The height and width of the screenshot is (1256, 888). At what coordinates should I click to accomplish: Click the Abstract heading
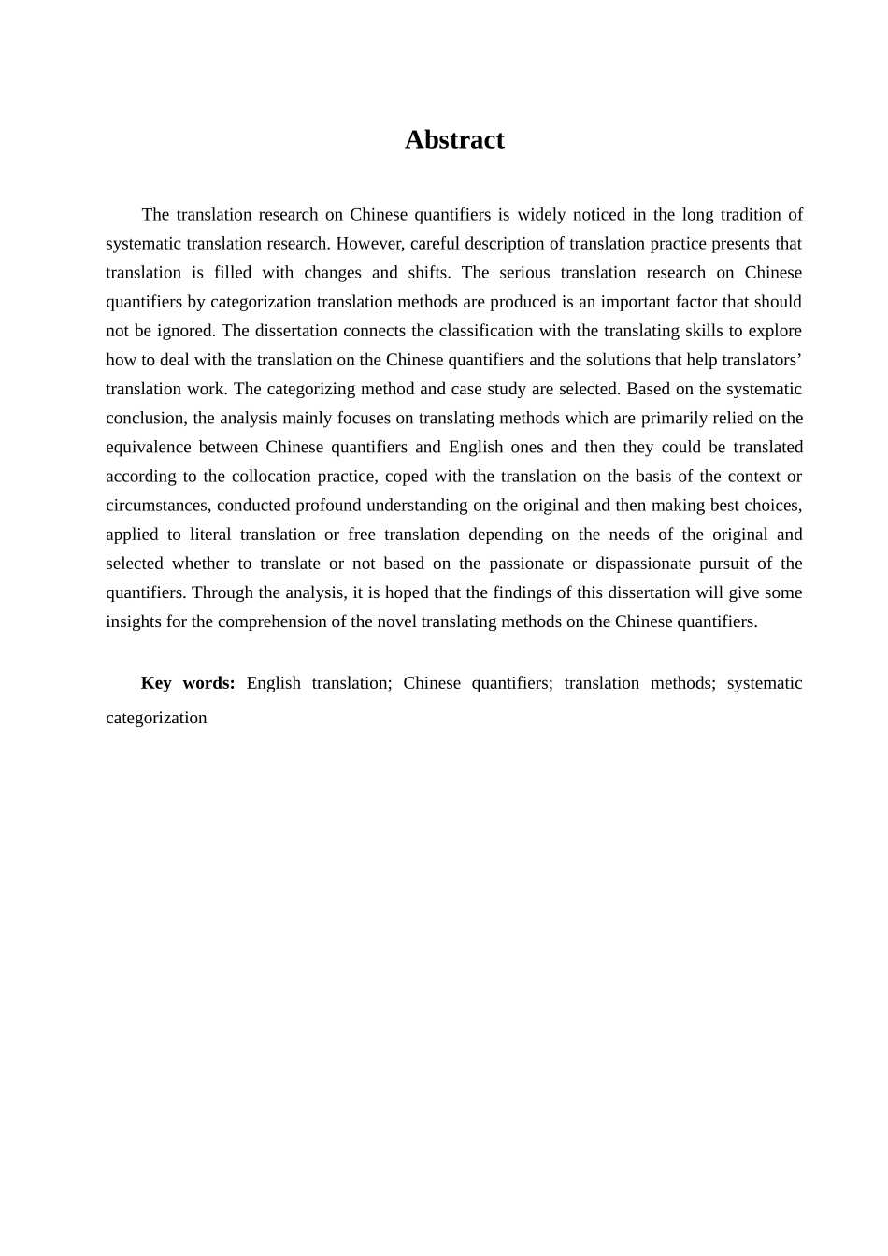click(x=454, y=139)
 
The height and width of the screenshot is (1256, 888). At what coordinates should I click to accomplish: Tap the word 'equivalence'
click(x=148, y=447)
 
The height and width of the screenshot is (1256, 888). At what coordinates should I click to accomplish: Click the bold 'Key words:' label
click(x=188, y=683)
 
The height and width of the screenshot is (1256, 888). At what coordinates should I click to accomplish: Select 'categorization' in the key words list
click(x=156, y=718)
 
